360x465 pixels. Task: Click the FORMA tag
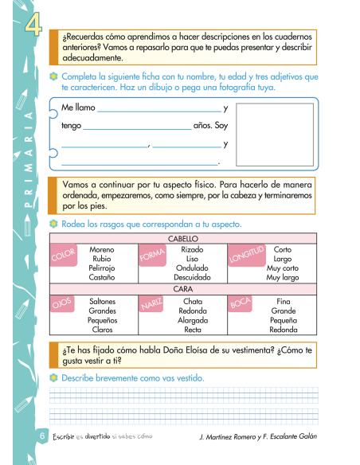point(151,256)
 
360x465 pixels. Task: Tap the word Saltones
point(103,301)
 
